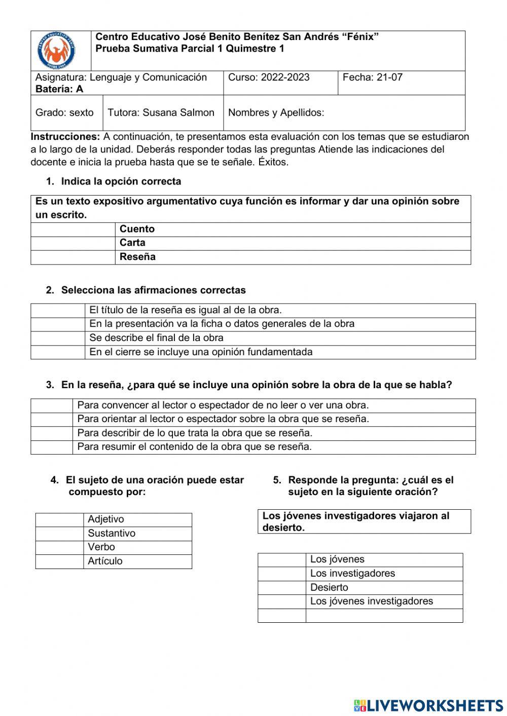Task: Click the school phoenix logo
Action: pos(56,51)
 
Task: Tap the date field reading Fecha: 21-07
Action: pos(373,78)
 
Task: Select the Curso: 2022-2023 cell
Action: pos(269,78)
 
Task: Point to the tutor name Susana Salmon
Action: pos(161,112)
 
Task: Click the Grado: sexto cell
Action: pos(64,112)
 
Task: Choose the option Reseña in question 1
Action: pos(137,257)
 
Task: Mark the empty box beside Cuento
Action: pos(73,229)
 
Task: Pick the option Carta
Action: pos(132,243)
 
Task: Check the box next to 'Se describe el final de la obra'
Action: pos(57,338)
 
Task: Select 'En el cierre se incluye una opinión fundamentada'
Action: pos(201,352)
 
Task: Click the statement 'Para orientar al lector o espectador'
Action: pos(223,419)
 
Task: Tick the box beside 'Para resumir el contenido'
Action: pos(52,447)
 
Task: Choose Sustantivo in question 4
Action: pos(112,533)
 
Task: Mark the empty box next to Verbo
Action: pos(59,547)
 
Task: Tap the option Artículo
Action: pos(105,561)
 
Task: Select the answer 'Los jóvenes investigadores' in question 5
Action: pos(371,601)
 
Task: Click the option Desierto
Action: pos(329,588)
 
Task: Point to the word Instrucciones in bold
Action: pos(65,137)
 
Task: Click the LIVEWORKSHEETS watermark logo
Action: pos(428,705)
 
